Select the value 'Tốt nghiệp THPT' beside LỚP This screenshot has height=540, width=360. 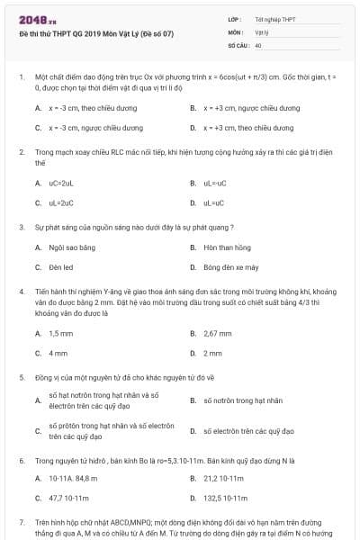[274, 19]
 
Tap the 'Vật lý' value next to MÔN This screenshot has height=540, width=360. [262, 31]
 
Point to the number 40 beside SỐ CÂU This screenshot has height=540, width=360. [258, 43]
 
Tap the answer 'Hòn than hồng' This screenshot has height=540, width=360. [227, 247]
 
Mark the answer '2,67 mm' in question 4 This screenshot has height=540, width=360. [219, 333]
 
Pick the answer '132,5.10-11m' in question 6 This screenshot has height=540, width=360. [225, 498]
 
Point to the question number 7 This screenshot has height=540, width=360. [22, 521]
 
